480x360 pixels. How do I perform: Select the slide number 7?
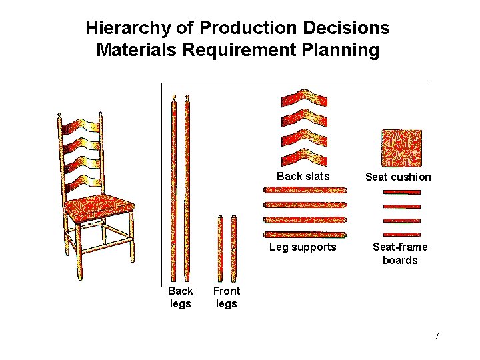[437, 336]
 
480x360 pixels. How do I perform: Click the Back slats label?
[303, 177]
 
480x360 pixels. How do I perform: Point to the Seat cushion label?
[398, 177]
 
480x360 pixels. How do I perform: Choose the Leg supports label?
[303, 247]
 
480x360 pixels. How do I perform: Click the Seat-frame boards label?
[400, 254]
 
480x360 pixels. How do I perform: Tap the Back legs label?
[180, 297]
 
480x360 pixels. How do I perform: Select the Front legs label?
[226, 297]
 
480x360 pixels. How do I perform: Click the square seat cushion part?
[401, 147]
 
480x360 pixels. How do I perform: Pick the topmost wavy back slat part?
[304, 99]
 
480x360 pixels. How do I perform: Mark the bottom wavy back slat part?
[304, 155]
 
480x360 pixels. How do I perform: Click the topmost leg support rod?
[305, 191]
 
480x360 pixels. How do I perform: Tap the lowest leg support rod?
[305, 235]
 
